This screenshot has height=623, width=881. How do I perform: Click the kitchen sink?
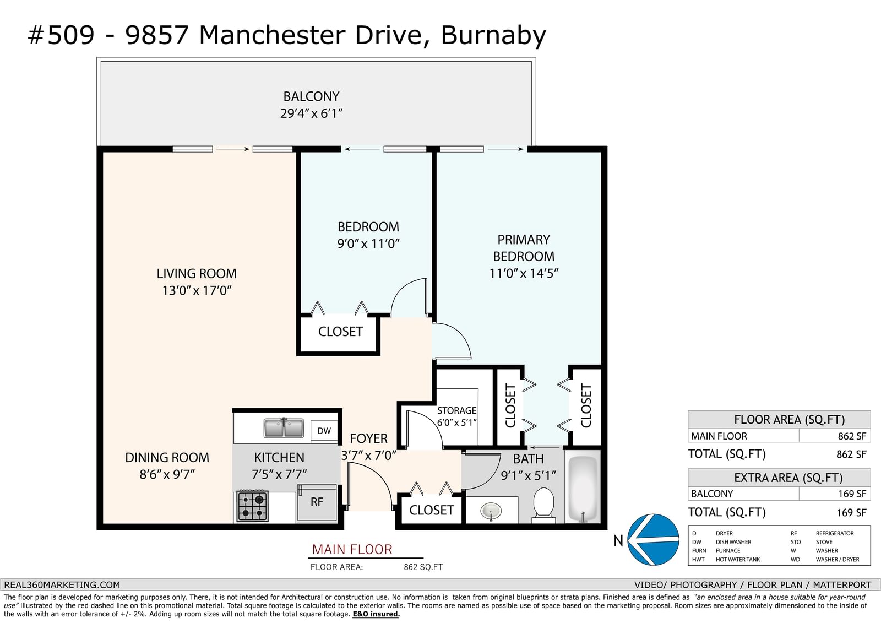click(x=284, y=428)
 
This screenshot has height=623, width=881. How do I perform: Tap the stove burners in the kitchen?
click(x=253, y=506)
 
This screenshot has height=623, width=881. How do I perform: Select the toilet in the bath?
click(x=543, y=504)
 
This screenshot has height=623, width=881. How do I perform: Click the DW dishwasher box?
click(x=324, y=431)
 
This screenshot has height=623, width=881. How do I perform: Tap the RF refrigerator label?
click(x=317, y=502)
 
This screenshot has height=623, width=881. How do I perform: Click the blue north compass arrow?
click(x=653, y=540)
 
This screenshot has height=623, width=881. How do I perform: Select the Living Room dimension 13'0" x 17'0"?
click(x=197, y=291)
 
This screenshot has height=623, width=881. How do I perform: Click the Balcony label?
click(x=311, y=96)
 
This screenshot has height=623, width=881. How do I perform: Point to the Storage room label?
click(x=456, y=410)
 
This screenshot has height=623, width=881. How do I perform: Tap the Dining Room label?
click(x=167, y=457)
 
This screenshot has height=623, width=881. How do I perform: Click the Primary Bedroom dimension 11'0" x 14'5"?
click(x=524, y=273)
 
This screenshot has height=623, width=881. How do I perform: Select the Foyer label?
click(x=368, y=438)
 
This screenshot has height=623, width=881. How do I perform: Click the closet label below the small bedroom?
click(x=340, y=332)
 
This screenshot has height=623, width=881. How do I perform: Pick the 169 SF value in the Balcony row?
click(x=852, y=494)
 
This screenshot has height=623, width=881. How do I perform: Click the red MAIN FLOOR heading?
click(x=352, y=549)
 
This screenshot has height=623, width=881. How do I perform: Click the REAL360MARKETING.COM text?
click(x=62, y=585)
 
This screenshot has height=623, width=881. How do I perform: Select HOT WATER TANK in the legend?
click(x=738, y=559)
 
